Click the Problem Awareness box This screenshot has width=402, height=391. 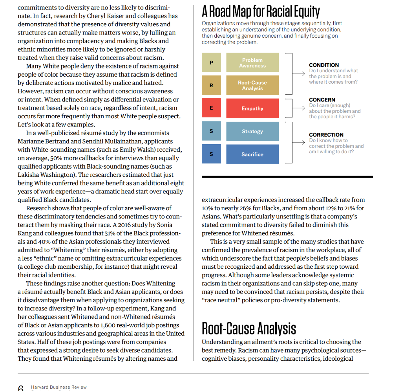coord(252,63)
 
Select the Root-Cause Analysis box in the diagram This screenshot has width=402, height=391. coord(252,85)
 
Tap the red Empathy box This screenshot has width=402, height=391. coord(252,108)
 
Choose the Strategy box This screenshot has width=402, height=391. coord(252,131)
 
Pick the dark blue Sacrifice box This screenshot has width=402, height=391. coord(252,154)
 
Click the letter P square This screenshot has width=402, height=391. coord(212,63)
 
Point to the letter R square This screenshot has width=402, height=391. coord(212,85)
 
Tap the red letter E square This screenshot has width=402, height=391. coord(212,108)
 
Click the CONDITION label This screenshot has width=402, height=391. coord(323,65)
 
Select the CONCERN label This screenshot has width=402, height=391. coord(322,100)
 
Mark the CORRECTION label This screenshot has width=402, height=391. coord(326,135)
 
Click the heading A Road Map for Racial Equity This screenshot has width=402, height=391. coord(261,11)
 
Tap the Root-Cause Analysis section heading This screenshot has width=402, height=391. coord(249,328)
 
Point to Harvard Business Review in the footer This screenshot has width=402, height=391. coord(58,387)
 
